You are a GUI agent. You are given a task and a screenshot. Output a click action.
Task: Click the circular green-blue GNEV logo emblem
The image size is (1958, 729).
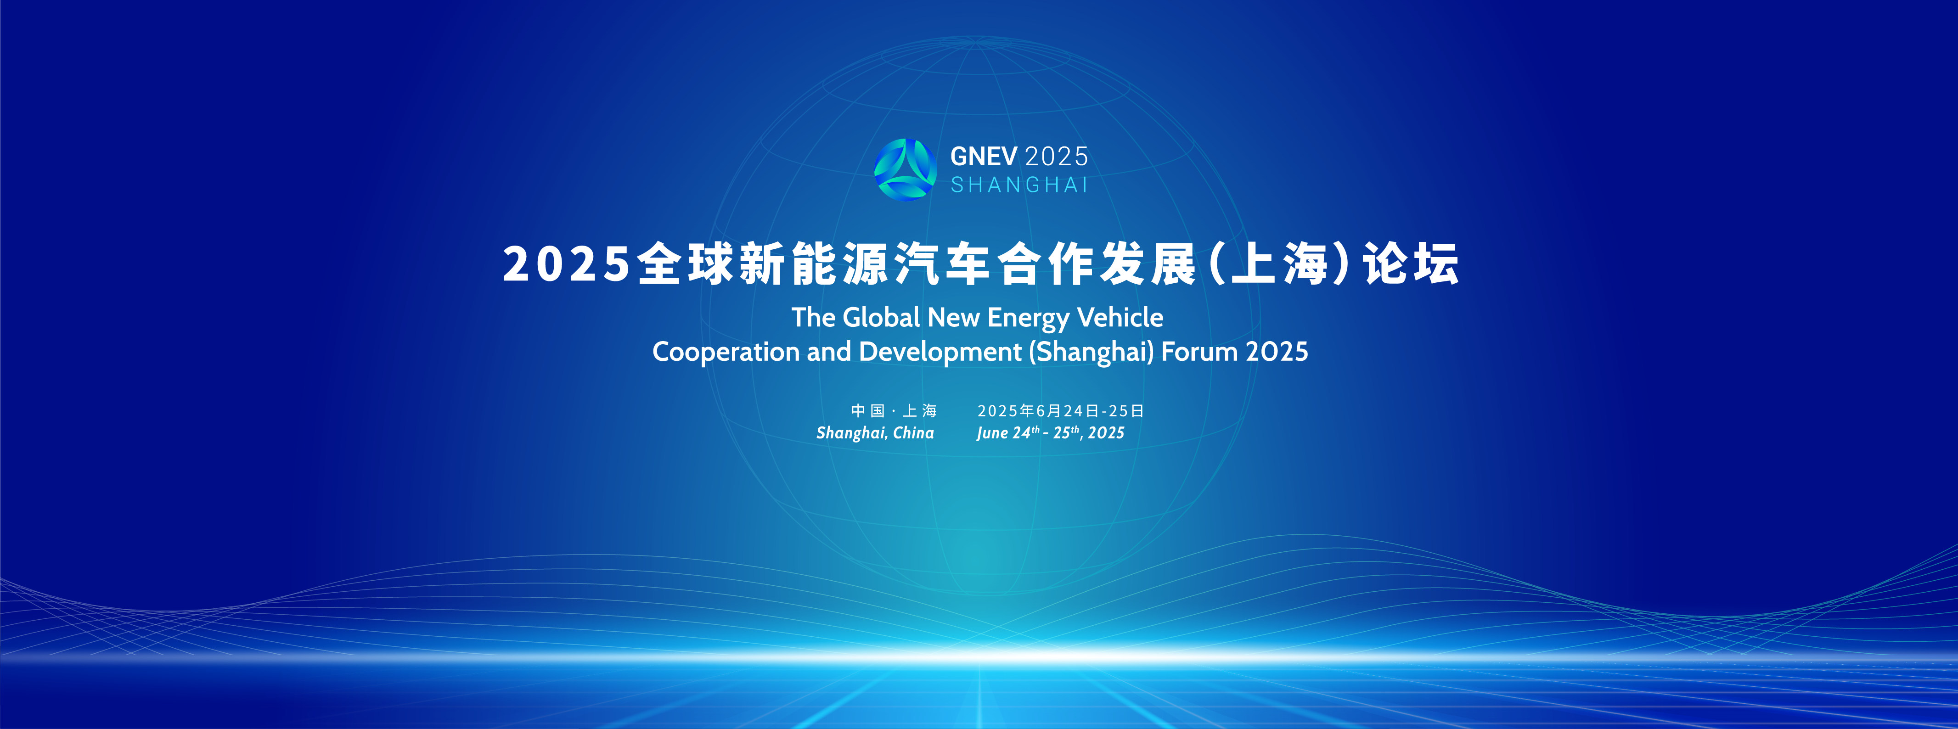point(905,169)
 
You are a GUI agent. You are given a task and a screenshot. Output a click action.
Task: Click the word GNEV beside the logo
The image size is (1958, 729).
point(984,157)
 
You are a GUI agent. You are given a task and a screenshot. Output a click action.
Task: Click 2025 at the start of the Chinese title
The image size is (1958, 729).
point(567,264)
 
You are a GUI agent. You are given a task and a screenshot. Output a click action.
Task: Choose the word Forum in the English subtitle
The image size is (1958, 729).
point(1199,351)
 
